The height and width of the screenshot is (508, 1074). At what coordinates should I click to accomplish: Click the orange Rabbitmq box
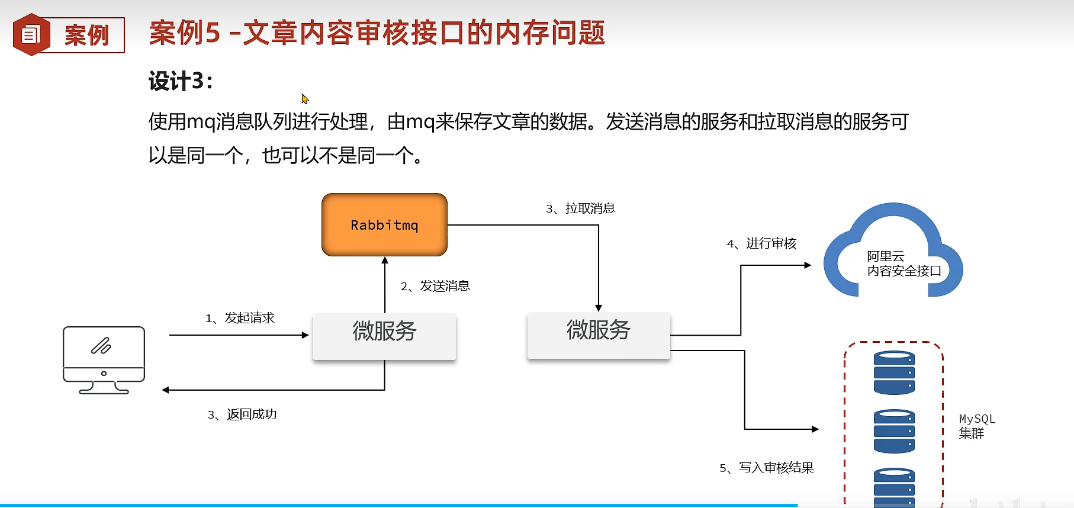tap(384, 225)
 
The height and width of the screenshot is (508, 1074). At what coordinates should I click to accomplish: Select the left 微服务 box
tap(384, 336)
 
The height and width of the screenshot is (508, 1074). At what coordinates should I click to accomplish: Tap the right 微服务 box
tap(598, 335)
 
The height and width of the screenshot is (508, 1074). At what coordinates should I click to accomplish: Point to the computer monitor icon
tap(104, 360)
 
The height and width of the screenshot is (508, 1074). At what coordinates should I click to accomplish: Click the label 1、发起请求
tap(240, 319)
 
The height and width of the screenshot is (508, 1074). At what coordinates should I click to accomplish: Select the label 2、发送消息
tap(435, 287)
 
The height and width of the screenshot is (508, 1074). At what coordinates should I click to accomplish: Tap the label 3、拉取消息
tap(580, 209)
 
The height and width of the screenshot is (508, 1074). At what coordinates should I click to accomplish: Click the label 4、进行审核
tap(761, 244)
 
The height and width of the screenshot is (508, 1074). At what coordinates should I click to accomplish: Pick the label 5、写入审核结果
tap(766, 468)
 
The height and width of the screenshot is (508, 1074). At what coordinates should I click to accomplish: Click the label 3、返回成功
tap(242, 414)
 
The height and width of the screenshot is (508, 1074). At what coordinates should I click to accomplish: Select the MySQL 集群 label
tap(976, 426)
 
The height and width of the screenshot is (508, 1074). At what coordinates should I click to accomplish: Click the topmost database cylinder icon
tap(894, 372)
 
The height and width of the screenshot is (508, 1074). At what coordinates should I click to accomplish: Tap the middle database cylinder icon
tap(894, 431)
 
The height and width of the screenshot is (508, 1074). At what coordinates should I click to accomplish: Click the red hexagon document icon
tap(31, 35)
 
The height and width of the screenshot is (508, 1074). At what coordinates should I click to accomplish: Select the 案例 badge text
tap(87, 36)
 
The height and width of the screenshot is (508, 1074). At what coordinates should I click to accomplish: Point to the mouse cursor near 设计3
tap(304, 98)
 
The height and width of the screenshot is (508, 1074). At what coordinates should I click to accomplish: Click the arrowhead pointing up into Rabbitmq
tap(385, 261)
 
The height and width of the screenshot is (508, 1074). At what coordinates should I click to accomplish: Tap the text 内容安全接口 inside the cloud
tap(904, 271)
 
